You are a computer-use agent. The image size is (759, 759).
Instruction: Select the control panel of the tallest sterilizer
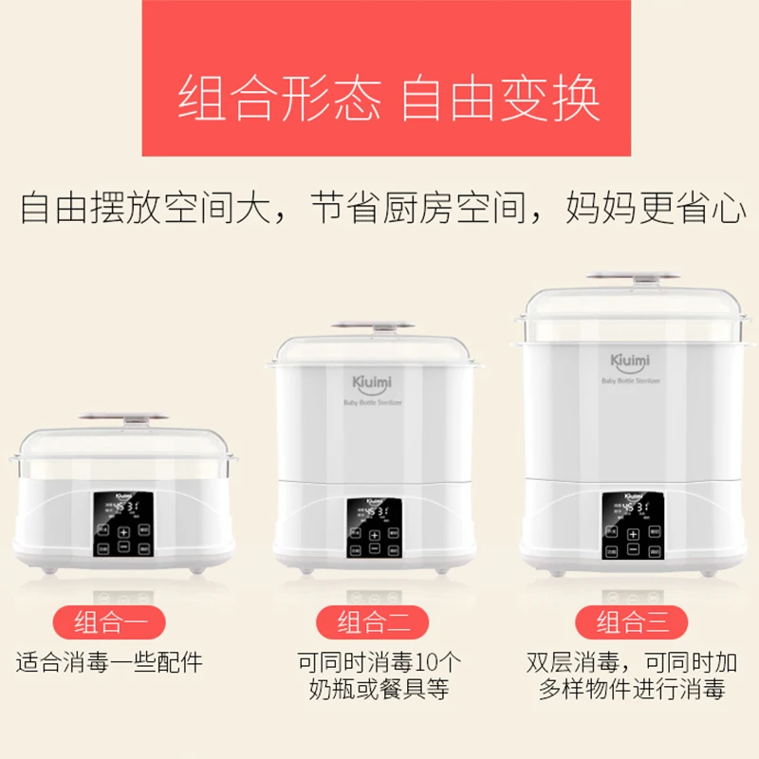point(631,524)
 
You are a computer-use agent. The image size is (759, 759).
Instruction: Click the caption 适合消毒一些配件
point(109,661)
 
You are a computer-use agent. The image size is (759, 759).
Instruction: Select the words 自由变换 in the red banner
point(500,99)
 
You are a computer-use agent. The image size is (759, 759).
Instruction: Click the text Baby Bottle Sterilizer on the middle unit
point(372,402)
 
